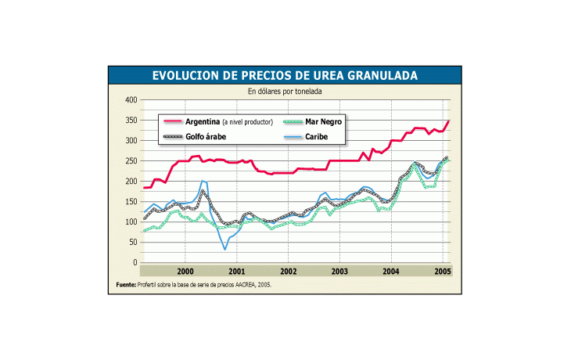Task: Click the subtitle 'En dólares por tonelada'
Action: coord(285,92)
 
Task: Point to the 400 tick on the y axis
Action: coord(131,100)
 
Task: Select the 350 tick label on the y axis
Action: coord(131,121)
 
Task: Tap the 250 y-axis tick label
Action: coord(131,161)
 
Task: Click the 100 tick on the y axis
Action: coord(131,222)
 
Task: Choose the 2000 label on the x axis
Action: coord(185,271)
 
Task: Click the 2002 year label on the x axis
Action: coord(288,271)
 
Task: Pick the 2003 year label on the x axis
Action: coord(339,271)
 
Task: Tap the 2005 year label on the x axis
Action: coord(441,271)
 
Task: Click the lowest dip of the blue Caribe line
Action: coord(225,250)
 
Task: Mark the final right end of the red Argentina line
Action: coord(449,121)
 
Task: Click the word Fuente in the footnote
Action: coord(126,285)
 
